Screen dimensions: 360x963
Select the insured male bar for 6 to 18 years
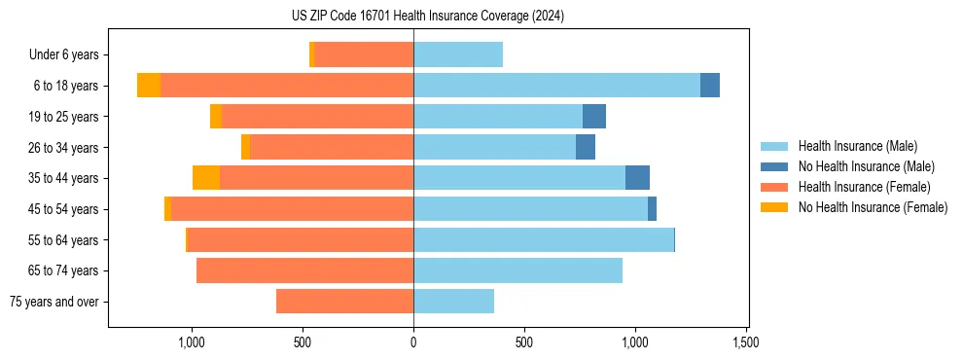click(556, 86)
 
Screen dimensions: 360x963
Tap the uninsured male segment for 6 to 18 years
click(710, 86)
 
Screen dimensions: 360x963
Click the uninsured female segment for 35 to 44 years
click(206, 178)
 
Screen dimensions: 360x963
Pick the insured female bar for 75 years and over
click(344, 302)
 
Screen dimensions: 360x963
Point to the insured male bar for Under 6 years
click(458, 55)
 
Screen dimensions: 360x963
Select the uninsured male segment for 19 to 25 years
click(594, 117)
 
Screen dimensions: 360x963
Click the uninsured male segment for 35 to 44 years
click(637, 178)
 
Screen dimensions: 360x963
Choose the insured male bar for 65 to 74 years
click(517, 270)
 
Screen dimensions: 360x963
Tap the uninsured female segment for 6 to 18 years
click(149, 86)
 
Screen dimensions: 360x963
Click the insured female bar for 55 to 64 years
click(301, 240)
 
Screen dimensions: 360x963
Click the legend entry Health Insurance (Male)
click(857, 146)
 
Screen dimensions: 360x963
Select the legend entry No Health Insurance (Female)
click(873, 207)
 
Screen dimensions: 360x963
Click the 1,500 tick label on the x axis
click(746, 342)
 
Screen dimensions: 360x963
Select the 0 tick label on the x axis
click(413, 342)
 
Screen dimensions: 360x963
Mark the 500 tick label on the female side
click(303, 342)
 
